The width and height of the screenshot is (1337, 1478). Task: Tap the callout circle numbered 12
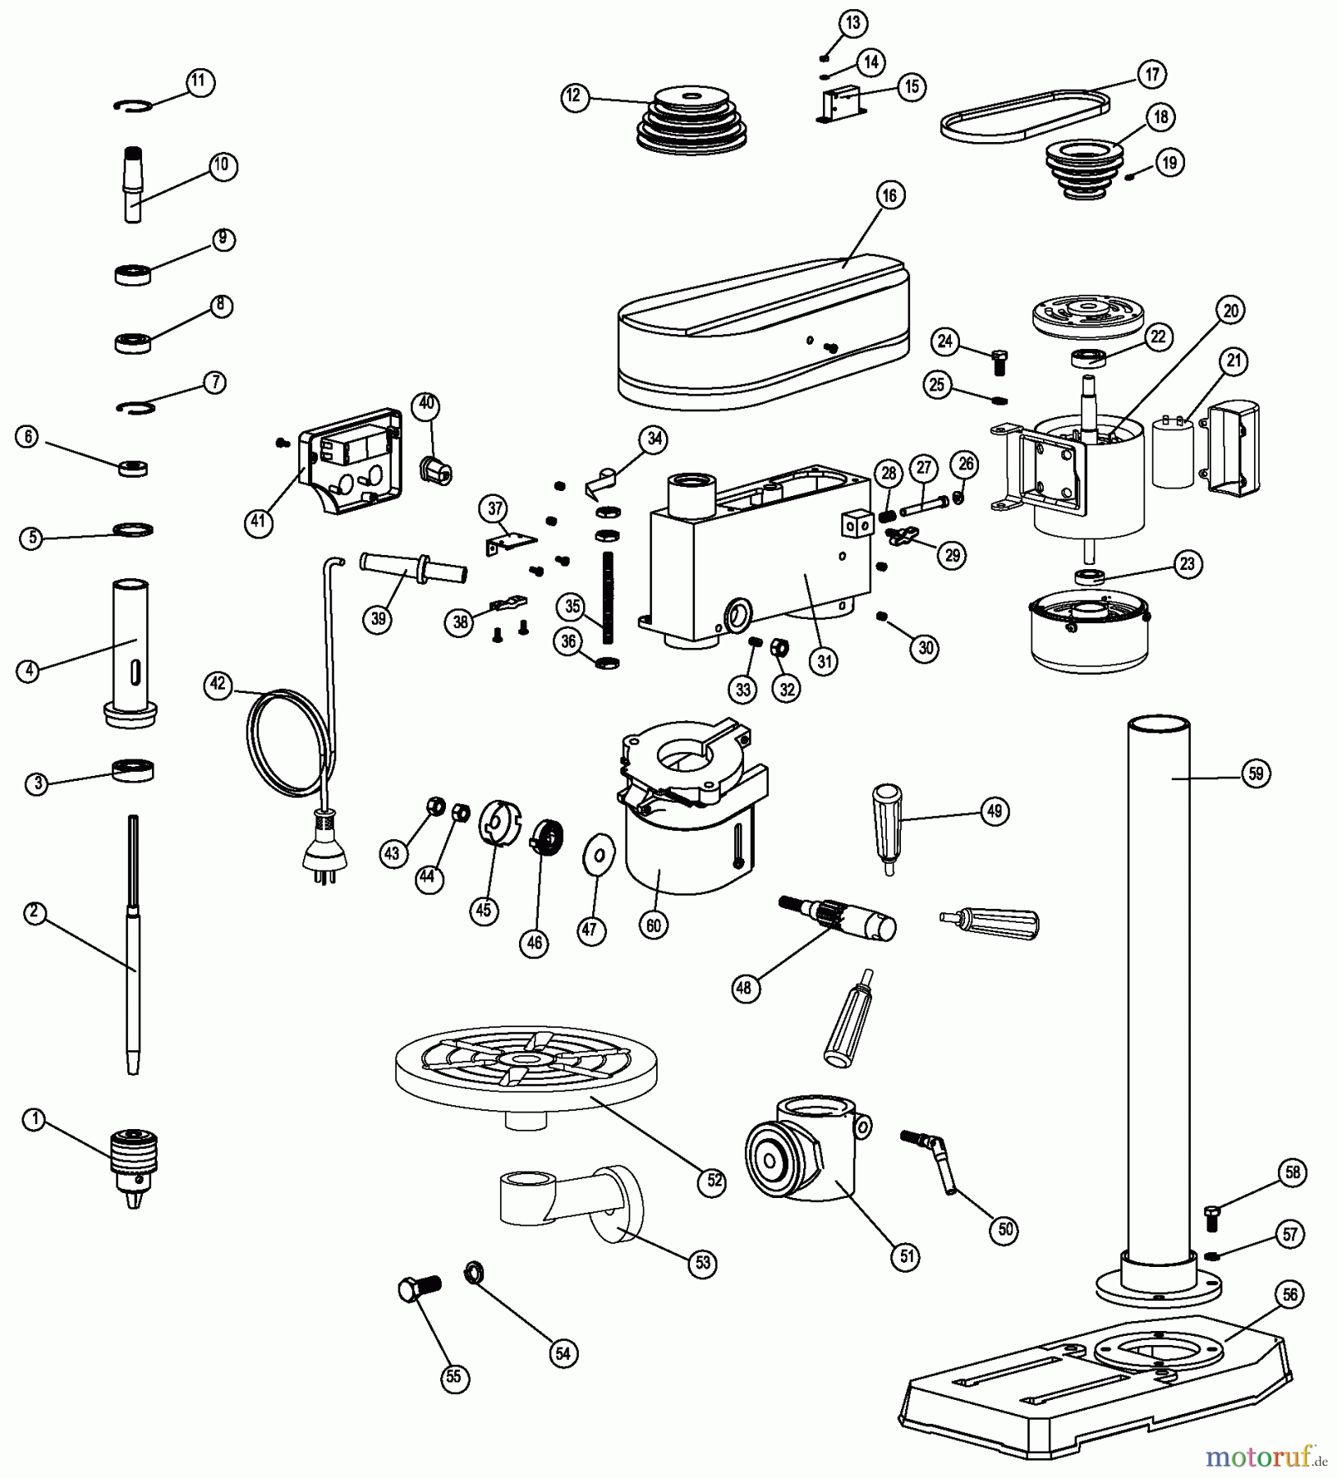574,96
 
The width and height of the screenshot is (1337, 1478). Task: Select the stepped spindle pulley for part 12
691,125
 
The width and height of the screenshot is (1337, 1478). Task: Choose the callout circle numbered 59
1256,773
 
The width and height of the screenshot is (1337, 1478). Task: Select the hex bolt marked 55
418,1288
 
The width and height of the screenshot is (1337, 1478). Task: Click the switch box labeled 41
351,463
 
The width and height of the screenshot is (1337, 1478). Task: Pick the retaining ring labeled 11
132,105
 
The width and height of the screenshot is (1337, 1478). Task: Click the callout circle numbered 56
1289,1295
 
